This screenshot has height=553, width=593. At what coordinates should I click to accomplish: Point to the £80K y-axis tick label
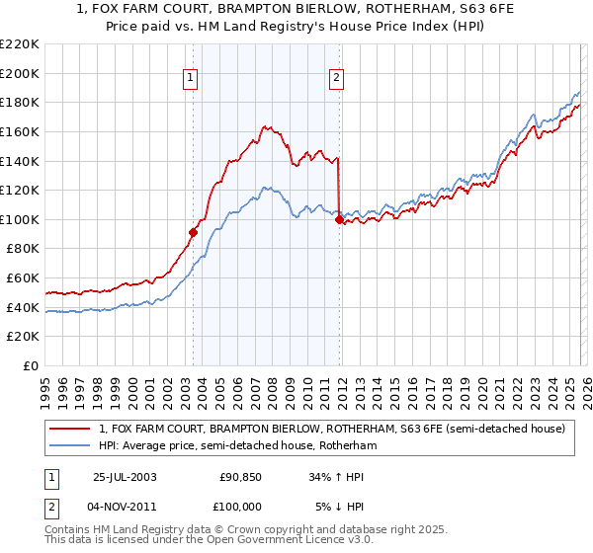pyautogui.click(x=23, y=249)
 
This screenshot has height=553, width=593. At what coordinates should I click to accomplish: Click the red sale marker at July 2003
pyautogui.click(x=194, y=233)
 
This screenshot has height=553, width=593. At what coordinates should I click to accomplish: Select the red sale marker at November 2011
pyautogui.click(x=339, y=220)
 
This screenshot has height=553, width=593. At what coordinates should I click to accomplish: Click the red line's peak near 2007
pyautogui.click(x=265, y=126)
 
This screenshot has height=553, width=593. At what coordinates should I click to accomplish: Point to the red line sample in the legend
pyautogui.click(x=70, y=430)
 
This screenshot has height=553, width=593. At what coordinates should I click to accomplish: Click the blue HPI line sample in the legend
pyautogui.click(x=70, y=446)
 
